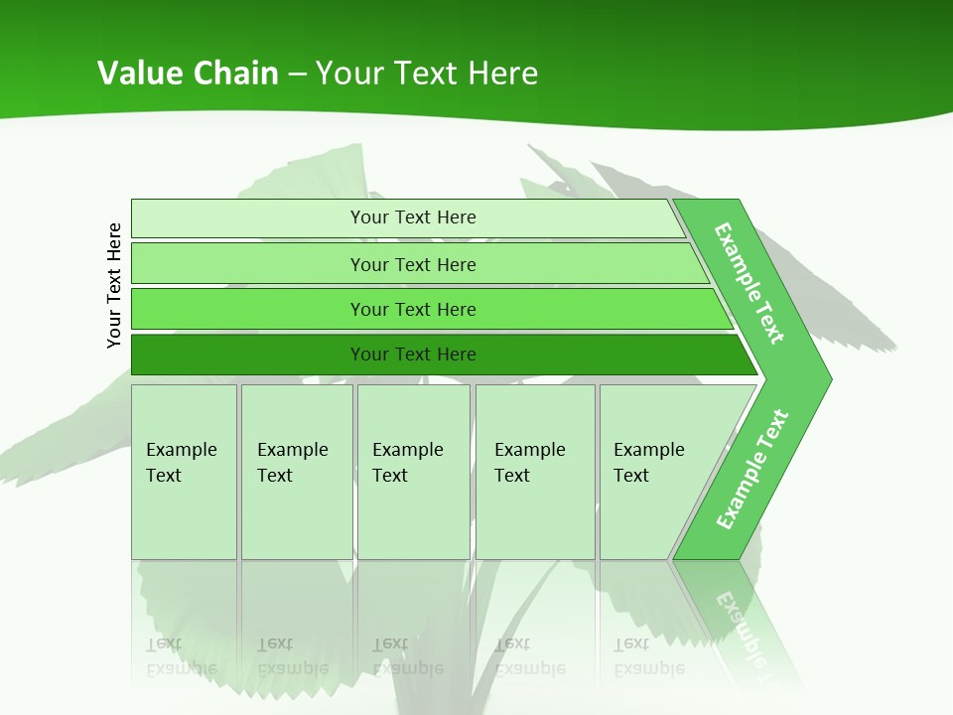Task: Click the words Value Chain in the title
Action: pos(188,72)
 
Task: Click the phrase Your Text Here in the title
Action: pos(427,72)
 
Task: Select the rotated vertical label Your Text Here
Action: pos(114,285)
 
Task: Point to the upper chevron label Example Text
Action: pos(749,283)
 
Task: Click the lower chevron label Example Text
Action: pos(751,470)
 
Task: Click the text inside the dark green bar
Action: pos(413,355)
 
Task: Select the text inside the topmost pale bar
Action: pos(413,217)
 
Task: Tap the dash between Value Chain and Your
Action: pos(297,74)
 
